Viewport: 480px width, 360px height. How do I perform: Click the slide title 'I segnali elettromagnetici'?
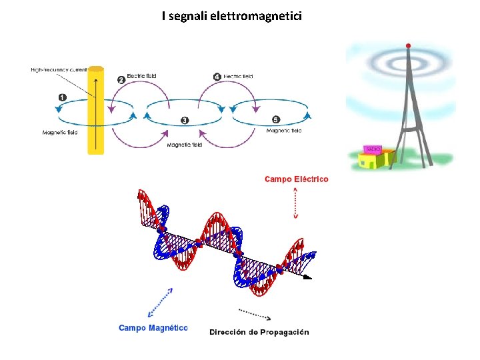(x=231, y=15)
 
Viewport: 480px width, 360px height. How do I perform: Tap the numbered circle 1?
(x=63, y=97)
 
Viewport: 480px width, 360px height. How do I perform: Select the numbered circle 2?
(x=121, y=79)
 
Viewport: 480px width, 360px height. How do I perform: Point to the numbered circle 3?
(x=184, y=120)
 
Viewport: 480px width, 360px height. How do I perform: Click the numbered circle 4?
(x=217, y=77)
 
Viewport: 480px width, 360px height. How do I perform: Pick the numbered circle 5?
(x=275, y=119)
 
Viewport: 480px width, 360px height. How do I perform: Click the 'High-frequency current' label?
(x=59, y=69)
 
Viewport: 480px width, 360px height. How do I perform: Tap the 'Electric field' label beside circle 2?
(x=141, y=76)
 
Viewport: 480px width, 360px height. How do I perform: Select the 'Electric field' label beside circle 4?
(x=238, y=77)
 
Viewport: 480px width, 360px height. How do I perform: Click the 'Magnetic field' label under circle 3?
(x=184, y=145)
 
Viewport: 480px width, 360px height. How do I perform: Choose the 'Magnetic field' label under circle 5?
(x=284, y=131)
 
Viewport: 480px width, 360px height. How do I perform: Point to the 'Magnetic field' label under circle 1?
(x=60, y=132)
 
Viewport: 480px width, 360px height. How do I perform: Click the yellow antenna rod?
(x=96, y=110)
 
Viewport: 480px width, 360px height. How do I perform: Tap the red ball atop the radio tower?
(x=409, y=45)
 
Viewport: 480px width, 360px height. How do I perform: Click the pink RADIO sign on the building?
(x=371, y=149)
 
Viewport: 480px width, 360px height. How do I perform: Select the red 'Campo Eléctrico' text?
(x=296, y=179)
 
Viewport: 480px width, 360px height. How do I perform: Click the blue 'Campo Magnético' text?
(x=153, y=327)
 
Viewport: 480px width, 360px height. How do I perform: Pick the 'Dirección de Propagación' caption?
(x=259, y=332)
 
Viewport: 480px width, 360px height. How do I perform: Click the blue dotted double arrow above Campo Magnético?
(x=161, y=302)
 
